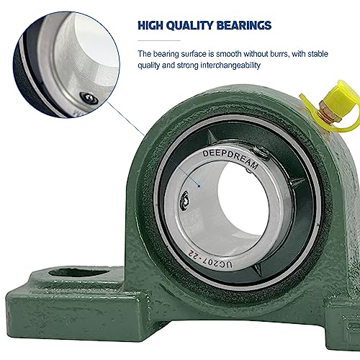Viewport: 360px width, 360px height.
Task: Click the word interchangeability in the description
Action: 230,66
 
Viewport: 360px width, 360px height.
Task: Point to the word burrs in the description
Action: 279,54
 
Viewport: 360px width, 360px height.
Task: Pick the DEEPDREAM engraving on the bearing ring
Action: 230,159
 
